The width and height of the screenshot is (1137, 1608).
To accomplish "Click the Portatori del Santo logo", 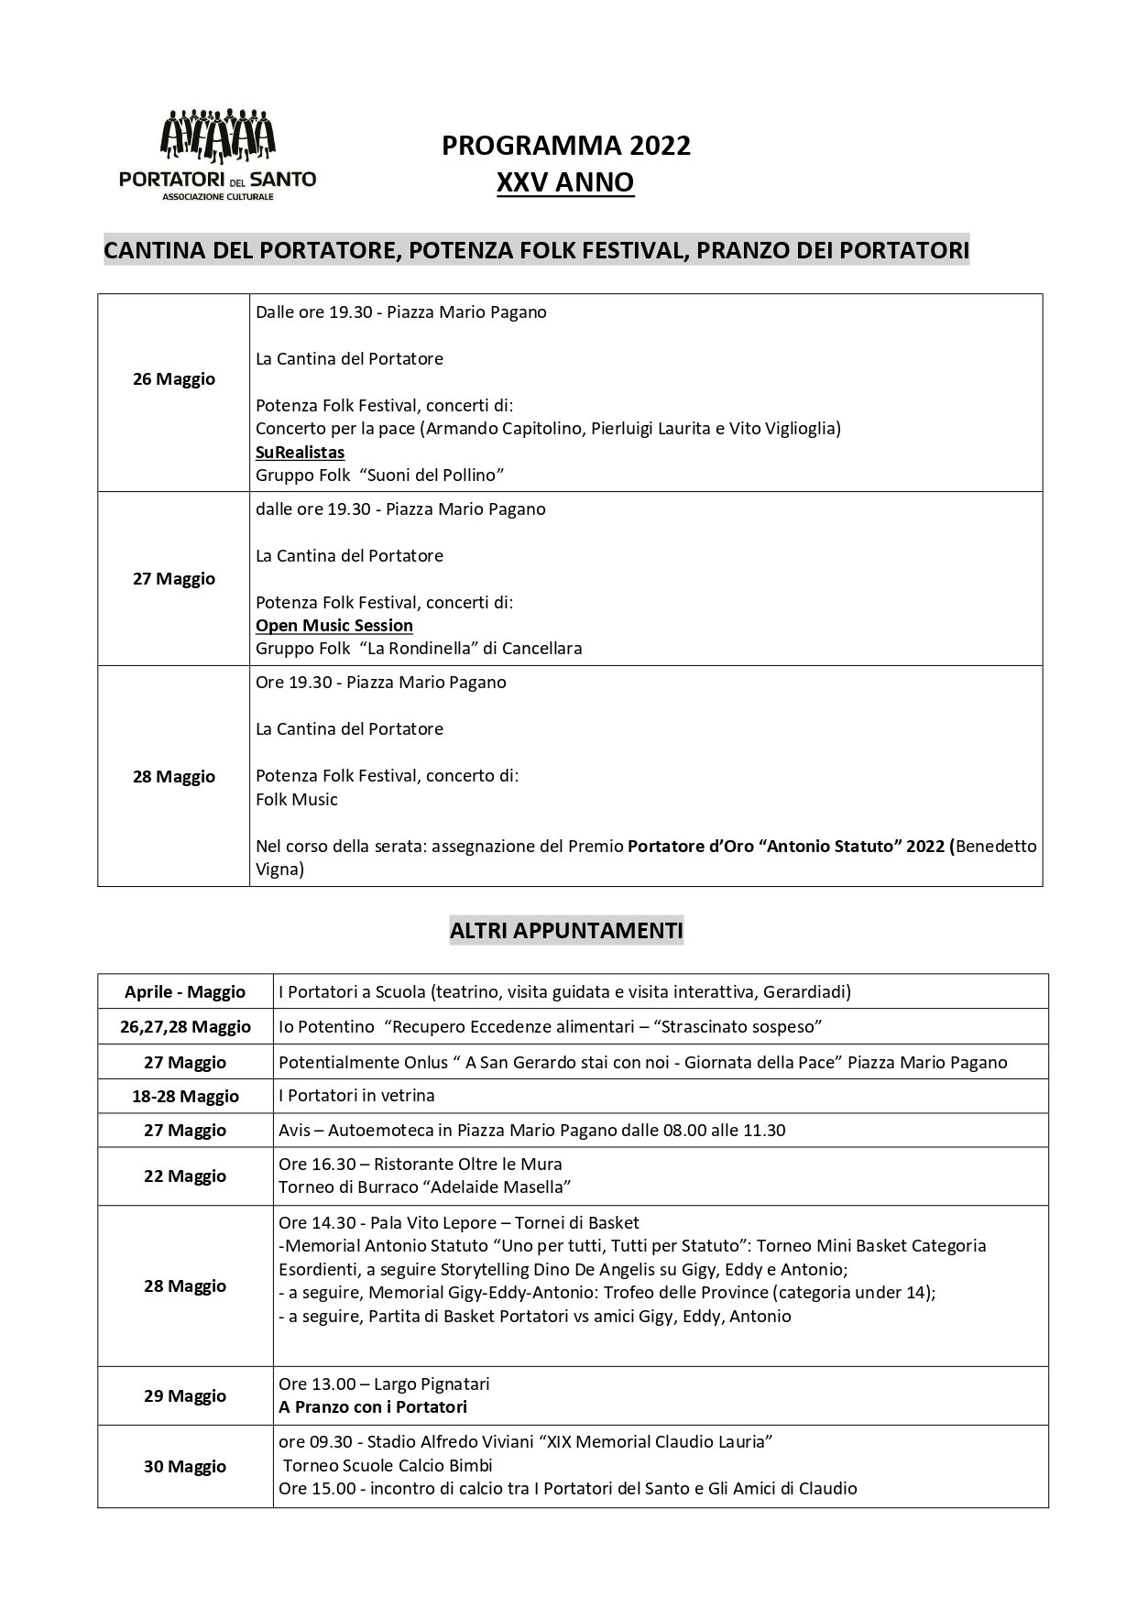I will (x=217, y=154).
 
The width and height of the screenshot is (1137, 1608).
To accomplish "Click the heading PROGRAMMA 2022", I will (x=566, y=146).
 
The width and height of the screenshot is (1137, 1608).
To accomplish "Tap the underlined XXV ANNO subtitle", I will (x=565, y=183).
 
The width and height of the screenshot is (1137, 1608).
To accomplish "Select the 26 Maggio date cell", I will (x=174, y=379).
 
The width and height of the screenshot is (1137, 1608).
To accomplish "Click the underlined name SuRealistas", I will (x=300, y=452).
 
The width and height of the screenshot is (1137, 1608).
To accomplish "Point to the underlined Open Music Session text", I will (x=334, y=626).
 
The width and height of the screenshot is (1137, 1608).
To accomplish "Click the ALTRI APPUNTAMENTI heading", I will (x=566, y=931).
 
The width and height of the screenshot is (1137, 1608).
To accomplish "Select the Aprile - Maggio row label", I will (x=185, y=992).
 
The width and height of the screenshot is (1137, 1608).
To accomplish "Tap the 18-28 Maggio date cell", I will (x=185, y=1097).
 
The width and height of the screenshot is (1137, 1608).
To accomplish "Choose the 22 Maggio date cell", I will (x=185, y=1176).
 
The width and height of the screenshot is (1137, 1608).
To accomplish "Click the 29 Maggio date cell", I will (x=185, y=1396).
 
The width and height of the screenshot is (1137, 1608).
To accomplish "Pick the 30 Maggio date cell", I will (x=185, y=1467).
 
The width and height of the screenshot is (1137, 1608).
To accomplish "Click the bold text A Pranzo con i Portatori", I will (x=373, y=1407).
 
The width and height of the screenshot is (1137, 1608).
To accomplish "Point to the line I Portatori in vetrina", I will (x=356, y=1096).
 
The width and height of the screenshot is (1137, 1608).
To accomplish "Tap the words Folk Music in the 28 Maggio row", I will (x=297, y=800).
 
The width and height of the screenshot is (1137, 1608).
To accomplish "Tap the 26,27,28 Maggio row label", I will (x=185, y=1027).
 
